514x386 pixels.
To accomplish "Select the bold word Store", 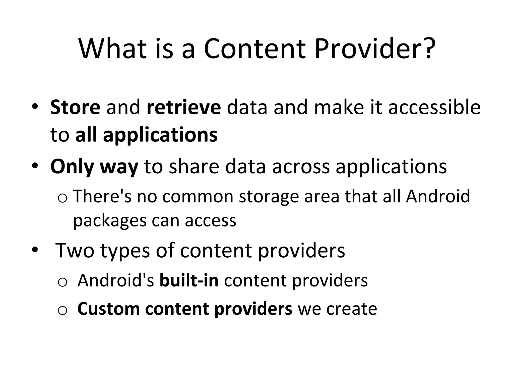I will [x=75, y=107].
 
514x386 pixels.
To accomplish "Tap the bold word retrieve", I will [x=184, y=107].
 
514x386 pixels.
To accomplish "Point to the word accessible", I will [x=434, y=107].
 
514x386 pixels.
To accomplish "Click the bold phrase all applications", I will [x=146, y=135].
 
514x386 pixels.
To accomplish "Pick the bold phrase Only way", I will [x=94, y=166].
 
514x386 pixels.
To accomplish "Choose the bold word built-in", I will [x=189, y=280].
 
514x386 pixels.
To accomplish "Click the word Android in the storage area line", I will [x=438, y=196].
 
